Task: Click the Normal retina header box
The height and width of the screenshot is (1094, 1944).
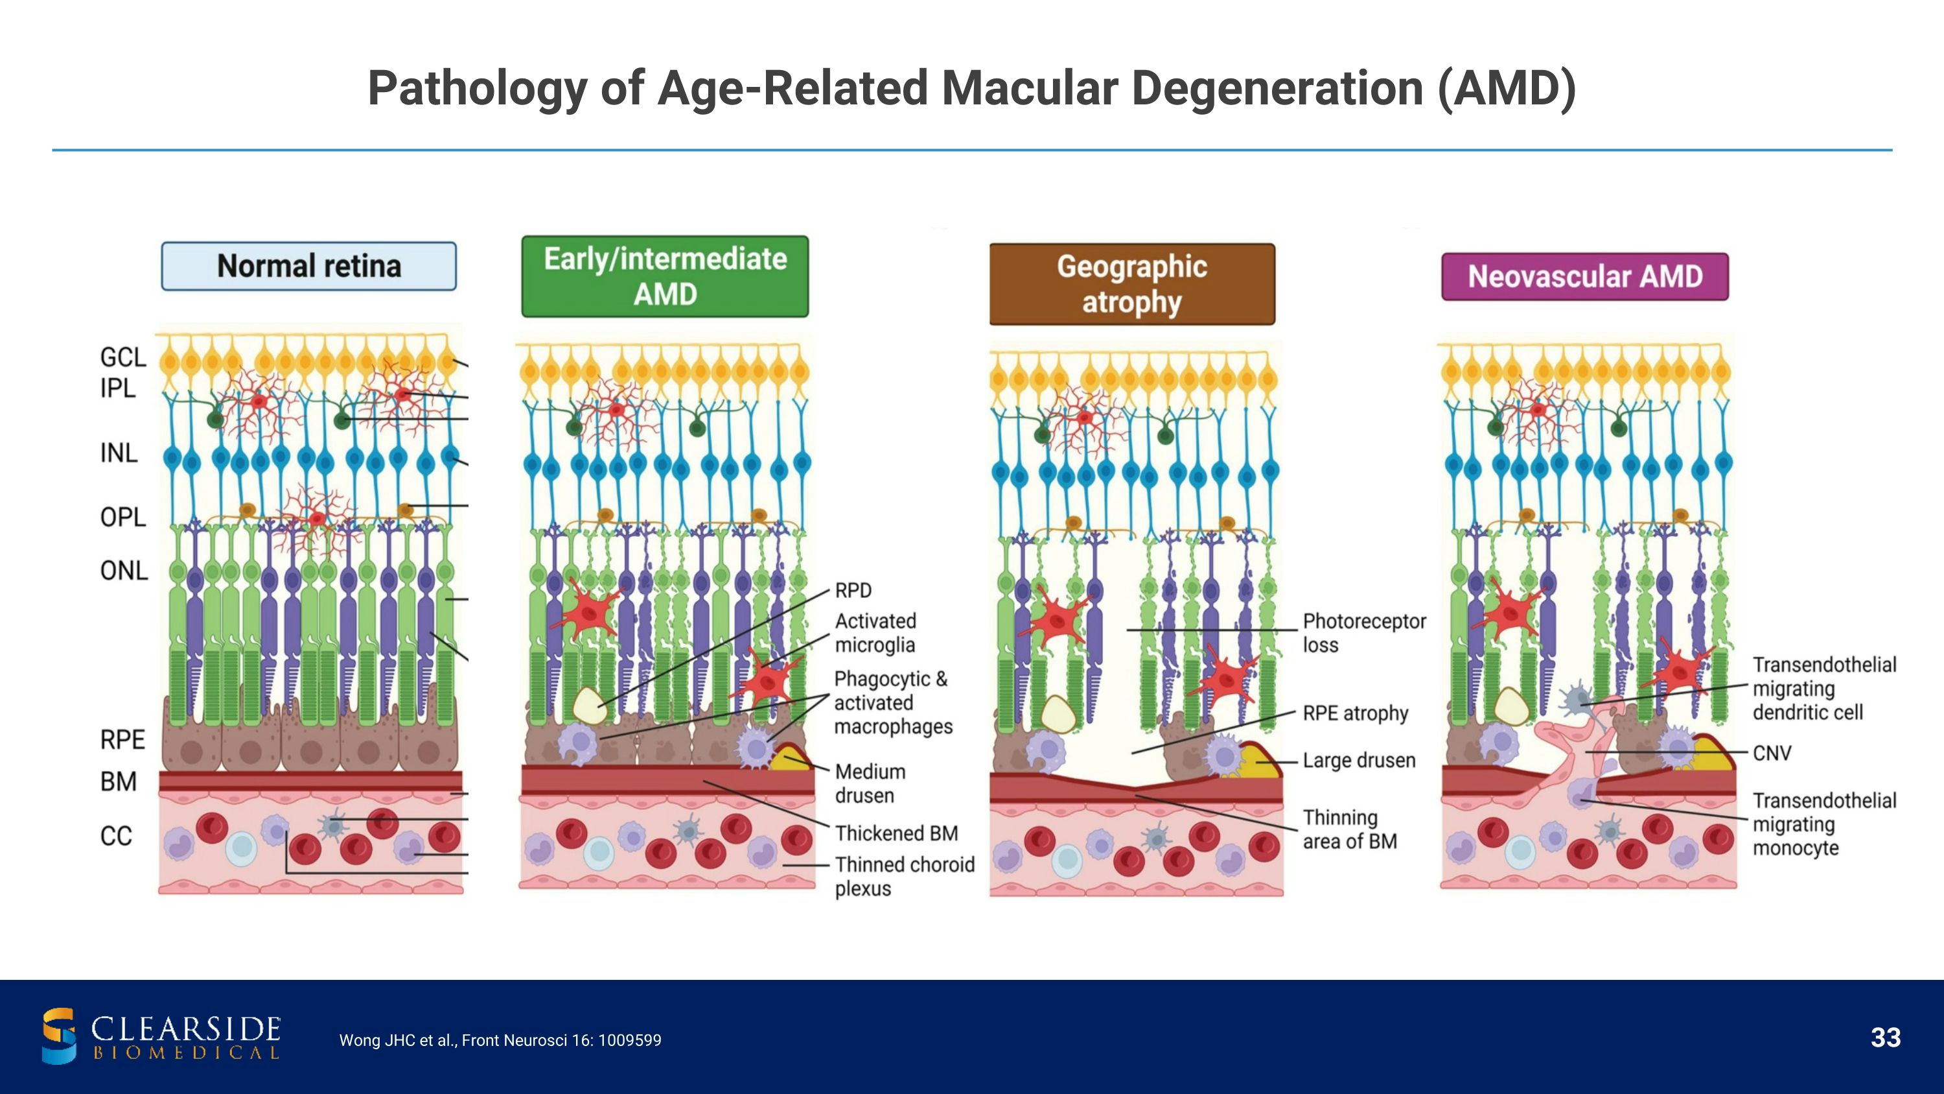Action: pos(308,266)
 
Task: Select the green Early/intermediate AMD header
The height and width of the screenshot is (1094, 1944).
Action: pos(665,276)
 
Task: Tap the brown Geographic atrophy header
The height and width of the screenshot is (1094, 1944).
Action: pos(1132,284)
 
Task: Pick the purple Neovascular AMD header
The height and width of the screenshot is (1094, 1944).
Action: pos(1585,276)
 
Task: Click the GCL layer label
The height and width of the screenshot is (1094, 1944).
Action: pos(123,357)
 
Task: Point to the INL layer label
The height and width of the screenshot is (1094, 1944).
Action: pos(119,453)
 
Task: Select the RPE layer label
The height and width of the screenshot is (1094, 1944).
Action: pos(122,739)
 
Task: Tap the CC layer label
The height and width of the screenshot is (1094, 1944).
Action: pos(115,836)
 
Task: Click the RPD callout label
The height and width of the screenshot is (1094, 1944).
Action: pos(853,590)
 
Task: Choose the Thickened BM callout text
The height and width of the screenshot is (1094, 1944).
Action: pos(896,833)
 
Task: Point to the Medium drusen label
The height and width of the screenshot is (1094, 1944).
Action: pos(870,783)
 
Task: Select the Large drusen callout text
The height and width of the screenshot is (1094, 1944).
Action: pos(1358,760)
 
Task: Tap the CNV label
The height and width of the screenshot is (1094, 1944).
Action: pos(1771,753)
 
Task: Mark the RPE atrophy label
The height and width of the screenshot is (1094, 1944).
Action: pos(1356,713)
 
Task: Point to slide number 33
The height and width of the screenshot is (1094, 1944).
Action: pos(1885,1038)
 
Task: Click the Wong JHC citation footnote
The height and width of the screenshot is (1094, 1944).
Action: pos(500,1040)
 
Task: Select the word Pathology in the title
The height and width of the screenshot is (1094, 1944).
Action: pos(477,89)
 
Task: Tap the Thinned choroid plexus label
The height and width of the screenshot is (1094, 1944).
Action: pos(904,876)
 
